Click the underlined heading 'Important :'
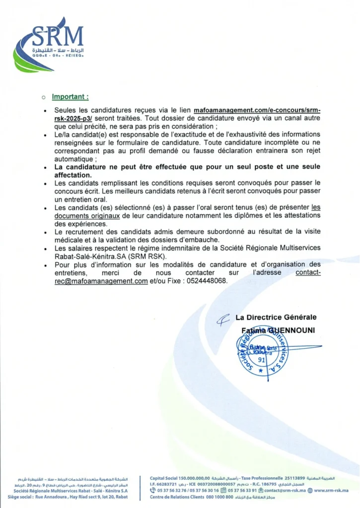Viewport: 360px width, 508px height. point(71,97)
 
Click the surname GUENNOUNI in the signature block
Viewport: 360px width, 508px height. point(291,330)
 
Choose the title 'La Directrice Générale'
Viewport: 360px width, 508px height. point(276,317)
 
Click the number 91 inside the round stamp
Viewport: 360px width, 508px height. point(262,360)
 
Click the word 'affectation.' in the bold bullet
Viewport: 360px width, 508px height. point(73,175)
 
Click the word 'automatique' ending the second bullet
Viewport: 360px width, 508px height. point(73,159)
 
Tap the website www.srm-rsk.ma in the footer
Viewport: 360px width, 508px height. point(331,490)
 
